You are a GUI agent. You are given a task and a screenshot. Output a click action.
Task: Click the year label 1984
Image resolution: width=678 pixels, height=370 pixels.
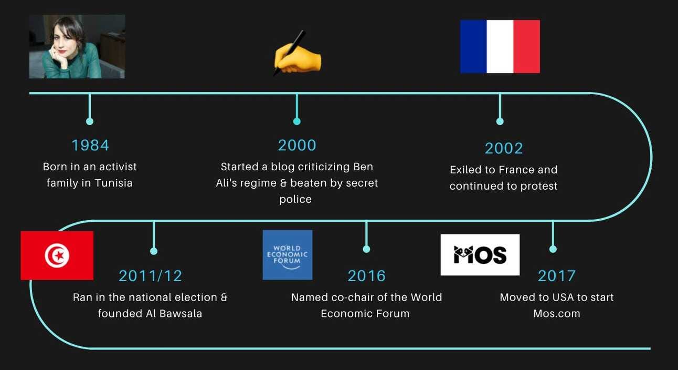point(90,145)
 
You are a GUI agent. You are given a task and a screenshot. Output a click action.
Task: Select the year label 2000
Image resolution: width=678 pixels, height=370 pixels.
point(297,145)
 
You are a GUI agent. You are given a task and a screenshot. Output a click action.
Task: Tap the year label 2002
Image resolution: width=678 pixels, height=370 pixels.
point(504,148)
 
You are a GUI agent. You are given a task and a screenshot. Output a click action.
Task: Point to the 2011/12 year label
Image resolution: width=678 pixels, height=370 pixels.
point(151,276)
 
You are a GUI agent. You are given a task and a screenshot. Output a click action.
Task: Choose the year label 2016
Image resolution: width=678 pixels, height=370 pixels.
point(366,276)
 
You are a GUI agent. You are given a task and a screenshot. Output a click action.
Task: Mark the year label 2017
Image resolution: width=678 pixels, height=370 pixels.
point(557,276)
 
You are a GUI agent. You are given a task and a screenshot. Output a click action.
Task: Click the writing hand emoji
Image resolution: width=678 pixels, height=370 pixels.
point(297,53)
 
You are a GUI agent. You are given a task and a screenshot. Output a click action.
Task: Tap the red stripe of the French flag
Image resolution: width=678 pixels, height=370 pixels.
point(527,46)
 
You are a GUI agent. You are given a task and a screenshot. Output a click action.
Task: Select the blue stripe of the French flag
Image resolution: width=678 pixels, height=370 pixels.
point(473,46)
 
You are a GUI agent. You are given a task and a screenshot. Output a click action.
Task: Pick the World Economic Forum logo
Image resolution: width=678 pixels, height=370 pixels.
point(287,255)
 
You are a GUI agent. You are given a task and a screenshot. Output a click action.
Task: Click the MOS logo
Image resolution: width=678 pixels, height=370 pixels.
point(480,254)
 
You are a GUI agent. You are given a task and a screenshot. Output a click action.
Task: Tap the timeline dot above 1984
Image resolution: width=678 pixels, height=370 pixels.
point(90,121)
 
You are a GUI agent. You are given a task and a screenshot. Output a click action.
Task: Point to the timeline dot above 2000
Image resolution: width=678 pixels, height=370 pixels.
point(297,121)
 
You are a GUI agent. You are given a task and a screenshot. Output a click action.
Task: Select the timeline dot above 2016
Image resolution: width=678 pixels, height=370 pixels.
point(366,249)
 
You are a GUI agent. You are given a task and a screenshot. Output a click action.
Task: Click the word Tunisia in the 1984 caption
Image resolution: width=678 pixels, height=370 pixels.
point(113,183)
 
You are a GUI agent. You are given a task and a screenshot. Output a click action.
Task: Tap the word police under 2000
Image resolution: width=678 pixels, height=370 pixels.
point(295,199)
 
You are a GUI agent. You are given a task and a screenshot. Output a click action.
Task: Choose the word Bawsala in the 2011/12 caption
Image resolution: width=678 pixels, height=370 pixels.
point(181,313)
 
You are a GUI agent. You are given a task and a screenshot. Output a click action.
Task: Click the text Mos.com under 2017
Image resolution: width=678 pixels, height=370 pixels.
point(557,313)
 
